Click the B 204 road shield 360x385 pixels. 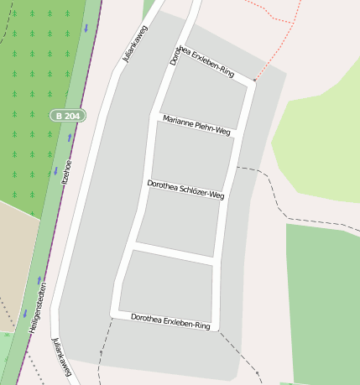(68, 115)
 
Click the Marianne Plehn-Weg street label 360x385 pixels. (196, 125)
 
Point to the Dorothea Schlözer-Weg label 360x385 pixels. (185, 188)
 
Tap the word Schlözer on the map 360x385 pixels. (190, 189)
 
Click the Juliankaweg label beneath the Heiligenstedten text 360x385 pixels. (60, 356)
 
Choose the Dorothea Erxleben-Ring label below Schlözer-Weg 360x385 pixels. (170, 320)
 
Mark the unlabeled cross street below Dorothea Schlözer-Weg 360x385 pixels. (176, 253)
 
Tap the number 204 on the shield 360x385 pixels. (74, 115)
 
